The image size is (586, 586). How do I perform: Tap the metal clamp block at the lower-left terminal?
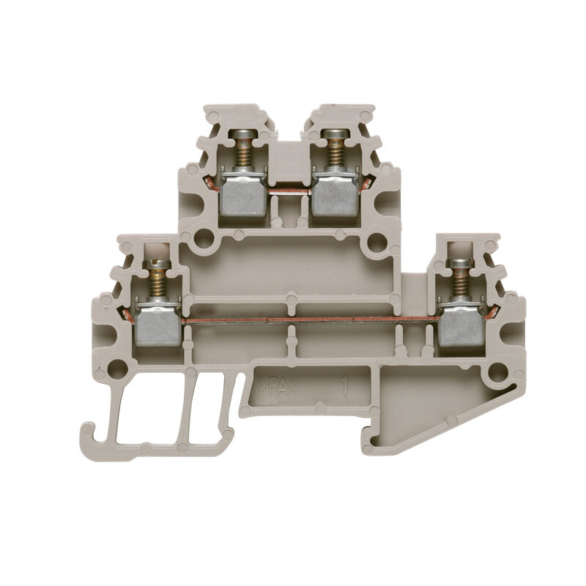pos(157,325)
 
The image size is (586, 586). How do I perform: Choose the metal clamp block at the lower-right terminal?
pos(460,325)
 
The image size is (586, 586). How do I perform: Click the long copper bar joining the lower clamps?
pos(308,319)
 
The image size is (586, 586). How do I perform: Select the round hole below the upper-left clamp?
pos(204,239)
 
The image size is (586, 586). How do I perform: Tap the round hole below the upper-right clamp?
pos(377,242)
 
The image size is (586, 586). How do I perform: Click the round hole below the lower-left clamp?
pos(117,368)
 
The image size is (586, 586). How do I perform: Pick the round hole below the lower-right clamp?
pos(497,371)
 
